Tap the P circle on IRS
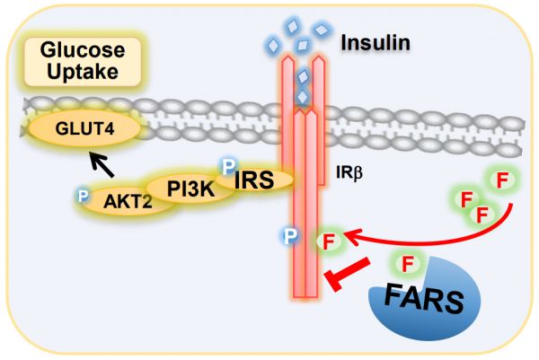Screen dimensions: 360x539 (230, 167)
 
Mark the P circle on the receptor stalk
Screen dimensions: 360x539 (289, 237)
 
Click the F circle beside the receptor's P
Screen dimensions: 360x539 (328, 240)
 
